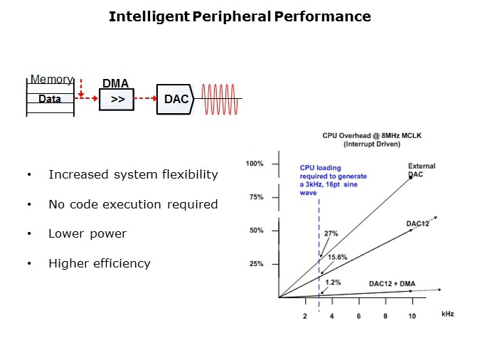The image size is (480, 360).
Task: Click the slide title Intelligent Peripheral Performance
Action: [240, 16]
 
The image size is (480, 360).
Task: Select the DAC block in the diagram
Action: [176, 99]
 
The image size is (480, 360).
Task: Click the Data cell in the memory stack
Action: [50, 99]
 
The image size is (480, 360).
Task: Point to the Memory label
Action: [51, 80]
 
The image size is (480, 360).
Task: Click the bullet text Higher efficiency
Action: [100, 263]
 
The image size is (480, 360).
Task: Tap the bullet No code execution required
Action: [133, 204]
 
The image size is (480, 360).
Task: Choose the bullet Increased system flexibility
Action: [133, 174]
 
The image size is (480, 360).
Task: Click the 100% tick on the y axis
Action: [255, 164]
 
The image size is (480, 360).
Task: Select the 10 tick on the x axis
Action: [411, 315]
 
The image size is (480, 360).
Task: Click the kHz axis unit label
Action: [447, 313]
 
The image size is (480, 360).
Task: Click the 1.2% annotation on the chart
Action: [331, 282]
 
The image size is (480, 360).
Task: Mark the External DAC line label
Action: [422, 170]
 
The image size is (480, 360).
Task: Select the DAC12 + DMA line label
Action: [391, 283]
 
